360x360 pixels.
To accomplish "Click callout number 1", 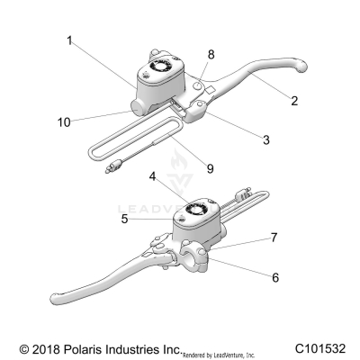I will coord(69,40).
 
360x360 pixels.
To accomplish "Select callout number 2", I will coord(293,102).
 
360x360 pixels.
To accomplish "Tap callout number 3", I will coord(266,139).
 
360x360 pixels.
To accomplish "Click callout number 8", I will coord(211,55).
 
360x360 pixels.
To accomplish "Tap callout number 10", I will coord(62,120).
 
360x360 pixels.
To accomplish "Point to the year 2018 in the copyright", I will coord(40,346).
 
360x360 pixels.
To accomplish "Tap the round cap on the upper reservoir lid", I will coord(165,67).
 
